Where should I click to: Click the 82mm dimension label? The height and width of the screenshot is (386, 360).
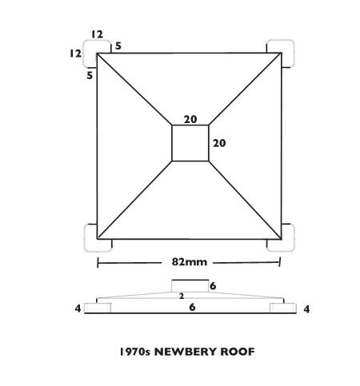coord(190,262)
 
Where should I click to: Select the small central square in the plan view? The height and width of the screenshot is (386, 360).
coord(190,143)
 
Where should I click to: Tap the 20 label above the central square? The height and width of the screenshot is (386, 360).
coord(190,120)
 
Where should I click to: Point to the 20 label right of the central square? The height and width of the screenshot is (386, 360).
coord(219,143)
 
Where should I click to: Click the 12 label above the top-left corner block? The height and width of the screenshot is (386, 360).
coord(97,34)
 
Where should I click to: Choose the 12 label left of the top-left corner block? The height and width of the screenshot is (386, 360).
coord(75,54)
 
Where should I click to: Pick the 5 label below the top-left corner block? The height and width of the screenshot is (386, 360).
coord(90,75)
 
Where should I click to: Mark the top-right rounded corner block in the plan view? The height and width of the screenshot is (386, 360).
coord(280,54)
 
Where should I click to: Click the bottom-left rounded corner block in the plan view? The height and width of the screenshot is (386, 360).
coord(98,238)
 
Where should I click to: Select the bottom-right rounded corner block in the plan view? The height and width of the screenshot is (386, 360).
coord(280,238)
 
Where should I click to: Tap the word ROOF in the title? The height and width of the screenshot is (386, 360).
coord(238,352)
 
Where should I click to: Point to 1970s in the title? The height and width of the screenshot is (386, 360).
coord(135,352)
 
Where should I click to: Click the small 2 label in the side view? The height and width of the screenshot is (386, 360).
coord(182,296)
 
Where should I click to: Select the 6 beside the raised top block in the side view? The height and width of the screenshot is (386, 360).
coord(213,286)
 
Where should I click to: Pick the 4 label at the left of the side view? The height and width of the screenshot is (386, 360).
coord(78,308)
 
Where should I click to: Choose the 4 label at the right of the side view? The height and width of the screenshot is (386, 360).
coord(306,309)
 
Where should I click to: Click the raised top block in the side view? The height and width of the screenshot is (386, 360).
coord(190,286)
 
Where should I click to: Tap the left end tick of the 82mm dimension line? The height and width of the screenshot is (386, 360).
coord(98,262)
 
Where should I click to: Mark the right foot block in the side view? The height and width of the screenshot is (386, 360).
coord(283,308)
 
